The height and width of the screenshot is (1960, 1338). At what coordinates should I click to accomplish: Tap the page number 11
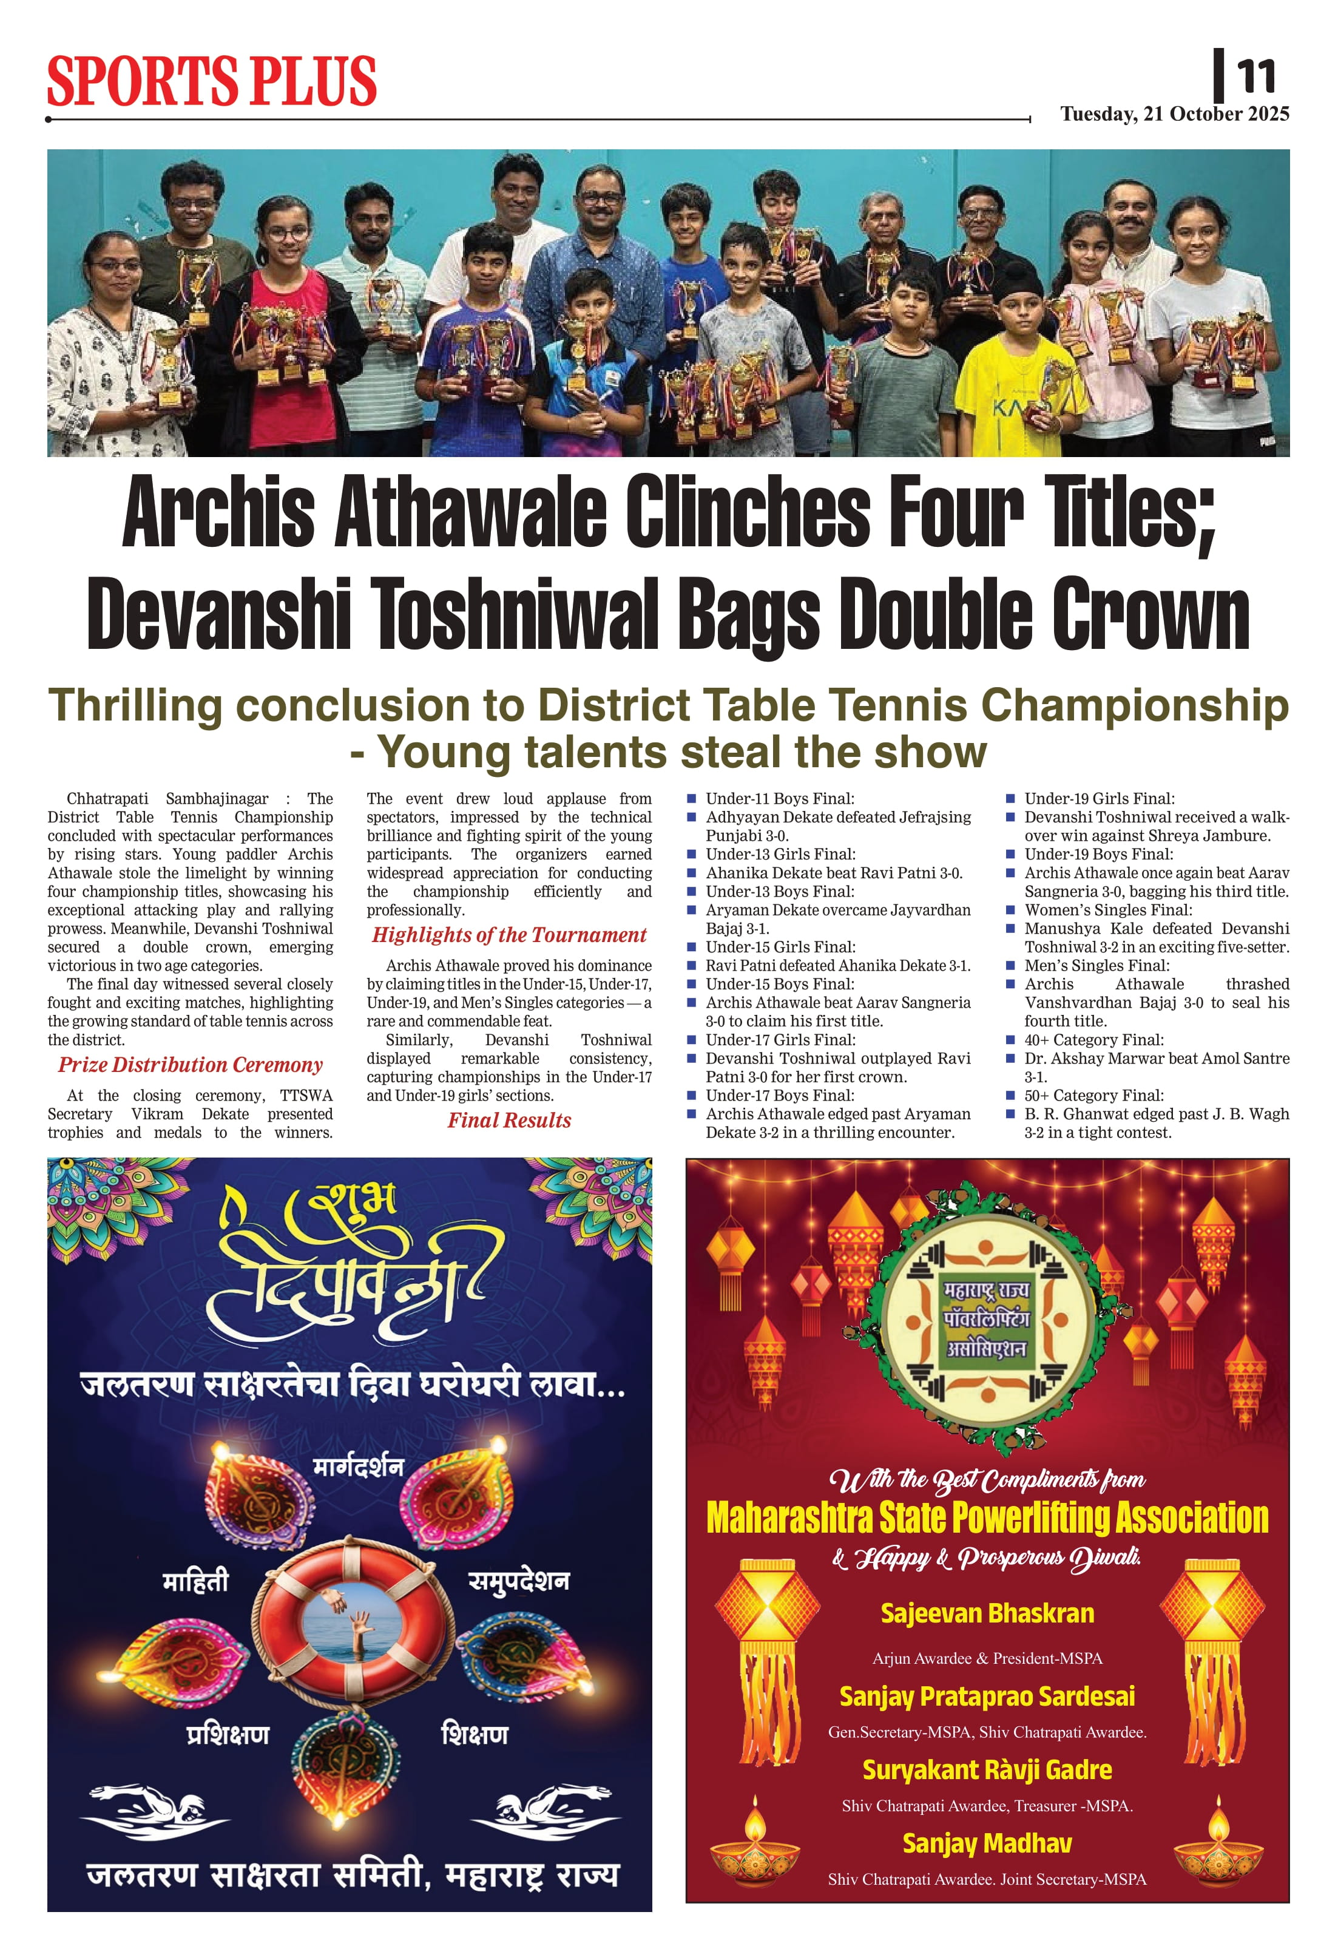1256,76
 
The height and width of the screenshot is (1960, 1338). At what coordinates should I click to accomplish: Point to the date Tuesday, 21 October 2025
1174,114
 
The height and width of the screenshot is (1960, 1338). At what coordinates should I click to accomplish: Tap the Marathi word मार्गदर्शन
359,1468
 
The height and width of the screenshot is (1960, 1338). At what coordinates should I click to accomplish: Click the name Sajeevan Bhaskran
987,1613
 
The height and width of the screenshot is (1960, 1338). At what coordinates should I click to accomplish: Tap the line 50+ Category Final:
1093,1096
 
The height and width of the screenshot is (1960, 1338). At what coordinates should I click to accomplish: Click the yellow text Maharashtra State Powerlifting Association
987,1518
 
